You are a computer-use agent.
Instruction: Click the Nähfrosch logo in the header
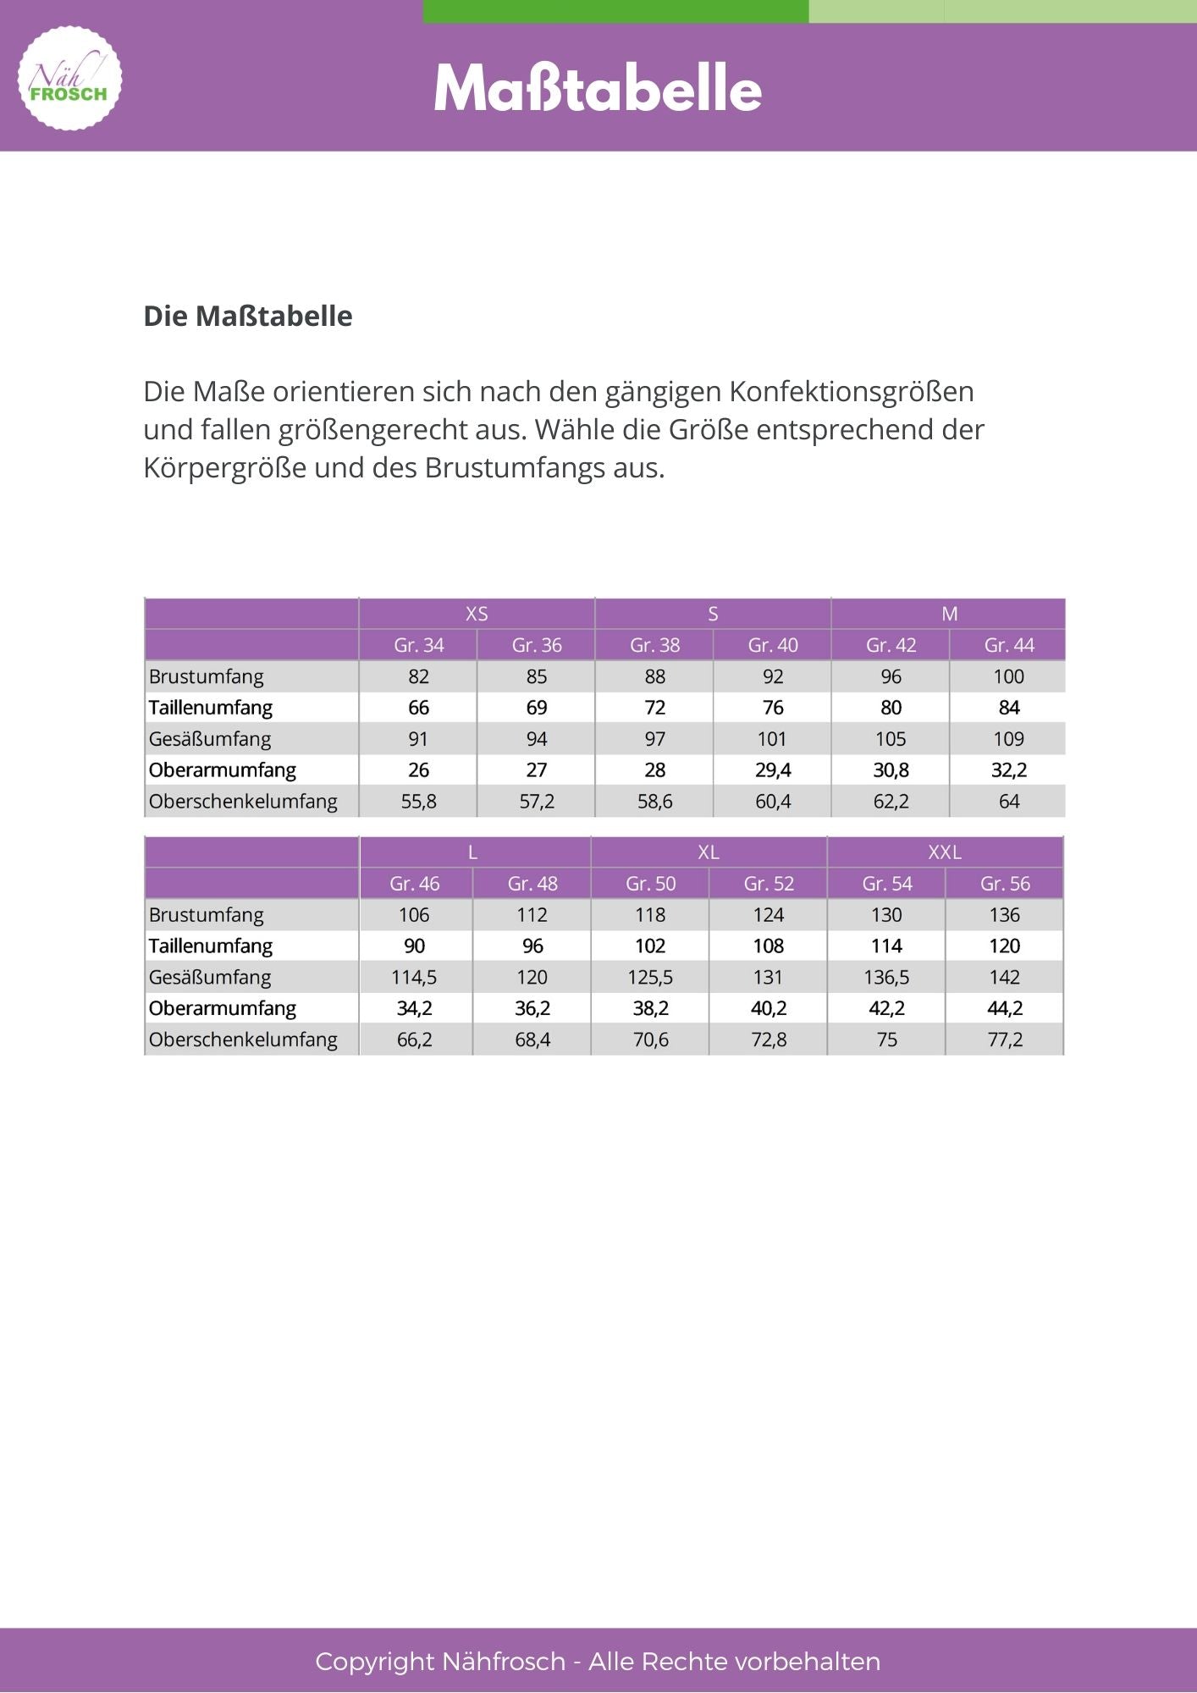tap(69, 79)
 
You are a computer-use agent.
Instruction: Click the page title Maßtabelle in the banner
tap(598, 89)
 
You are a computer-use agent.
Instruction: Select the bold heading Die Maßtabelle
tap(247, 316)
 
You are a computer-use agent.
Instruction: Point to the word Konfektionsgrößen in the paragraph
tap(852, 391)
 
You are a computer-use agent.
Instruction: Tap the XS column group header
tap(477, 614)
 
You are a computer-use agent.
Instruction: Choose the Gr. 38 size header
tap(654, 645)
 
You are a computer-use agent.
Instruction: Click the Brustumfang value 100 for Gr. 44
tap(1008, 676)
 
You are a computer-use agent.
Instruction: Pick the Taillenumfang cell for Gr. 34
tap(418, 708)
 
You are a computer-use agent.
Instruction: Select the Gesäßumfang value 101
tap(772, 739)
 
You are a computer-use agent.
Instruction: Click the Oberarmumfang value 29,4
tap(773, 770)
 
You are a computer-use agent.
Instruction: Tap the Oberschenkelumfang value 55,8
tap(418, 802)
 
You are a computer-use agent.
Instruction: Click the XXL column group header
tap(945, 852)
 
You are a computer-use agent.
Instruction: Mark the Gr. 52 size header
tap(769, 884)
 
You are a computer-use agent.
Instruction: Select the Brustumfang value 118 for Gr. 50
tap(650, 915)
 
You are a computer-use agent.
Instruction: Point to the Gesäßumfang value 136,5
tap(886, 978)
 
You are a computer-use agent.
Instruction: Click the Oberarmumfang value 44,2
tap(1005, 1008)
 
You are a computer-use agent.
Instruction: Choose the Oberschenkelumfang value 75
tap(886, 1040)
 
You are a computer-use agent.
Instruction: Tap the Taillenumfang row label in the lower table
tap(211, 946)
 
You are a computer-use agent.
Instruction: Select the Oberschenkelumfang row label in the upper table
tap(243, 802)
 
